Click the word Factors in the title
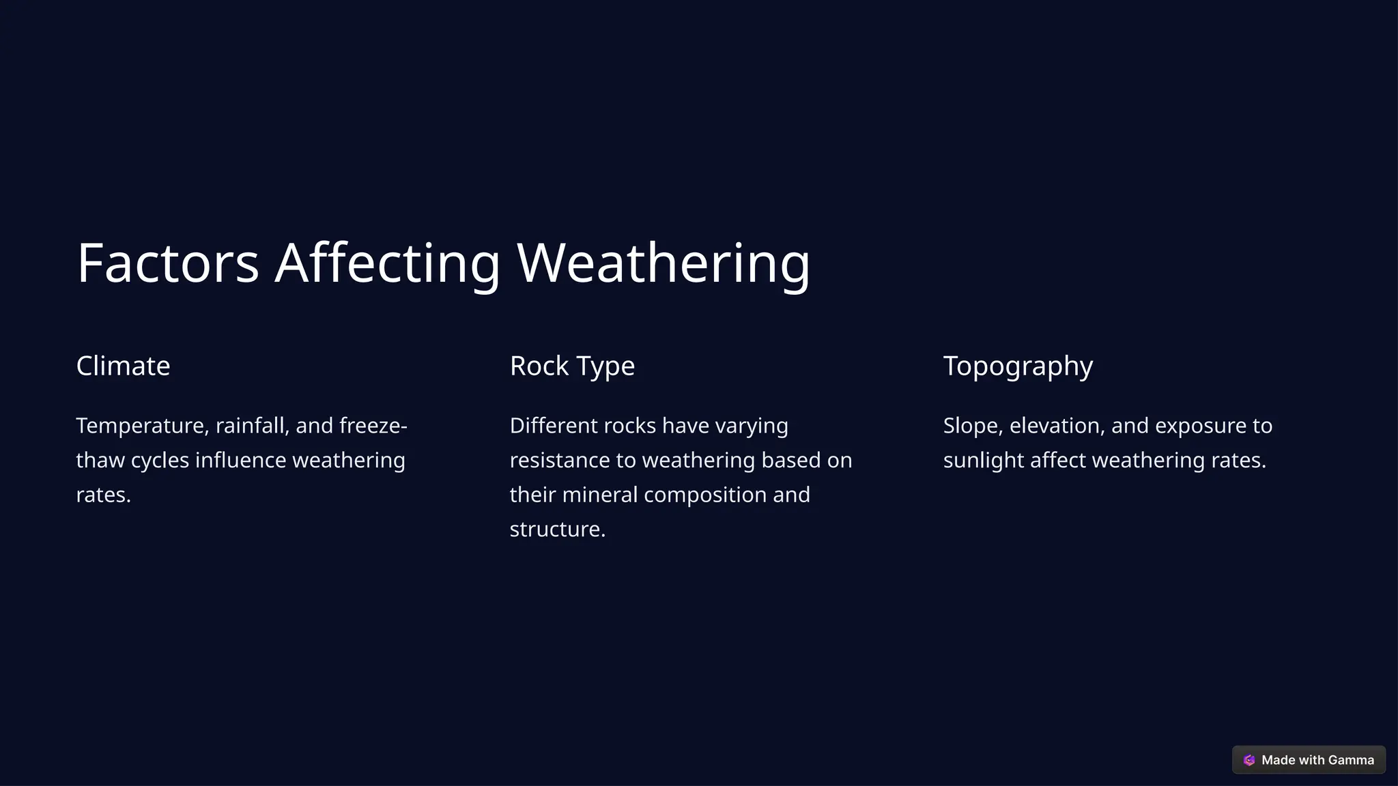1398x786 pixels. [x=168, y=263]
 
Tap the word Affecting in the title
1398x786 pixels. [x=388, y=263]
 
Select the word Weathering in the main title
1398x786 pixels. [x=664, y=263]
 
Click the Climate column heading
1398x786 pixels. [x=123, y=366]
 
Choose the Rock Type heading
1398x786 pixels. [x=572, y=366]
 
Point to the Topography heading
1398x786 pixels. [x=1018, y=366]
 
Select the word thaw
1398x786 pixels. [x=100, y=461]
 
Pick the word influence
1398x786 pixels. [x=240, y=461]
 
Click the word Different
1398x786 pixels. [x=554, y=426]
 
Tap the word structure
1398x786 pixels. [x=557, y=529]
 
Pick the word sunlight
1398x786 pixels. [x=983, y=461]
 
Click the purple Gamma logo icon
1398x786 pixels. [x=1249, y=760]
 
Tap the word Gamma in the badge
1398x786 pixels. [x=1351, y=760]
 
